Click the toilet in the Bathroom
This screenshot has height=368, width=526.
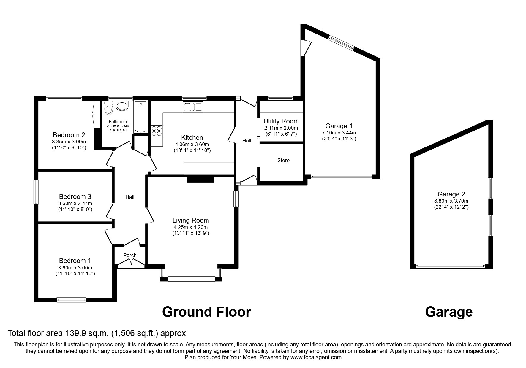(109, 109)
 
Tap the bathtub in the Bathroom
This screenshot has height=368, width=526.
(140, 117)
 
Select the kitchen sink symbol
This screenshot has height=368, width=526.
(193, 107)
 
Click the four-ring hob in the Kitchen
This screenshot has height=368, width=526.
(157, 131)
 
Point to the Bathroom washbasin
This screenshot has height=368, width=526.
(122, 106)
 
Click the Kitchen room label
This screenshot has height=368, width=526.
(192, 138)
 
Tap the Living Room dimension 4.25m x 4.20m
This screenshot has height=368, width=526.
(191, 227)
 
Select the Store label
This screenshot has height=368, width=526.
(283, 161)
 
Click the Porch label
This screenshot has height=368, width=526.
(130, 256)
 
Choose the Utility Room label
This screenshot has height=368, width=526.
(281, 121)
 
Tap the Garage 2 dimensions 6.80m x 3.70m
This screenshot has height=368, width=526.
(451, 201)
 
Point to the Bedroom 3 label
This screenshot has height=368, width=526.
(75, 197)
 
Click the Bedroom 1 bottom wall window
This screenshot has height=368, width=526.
(71, 300)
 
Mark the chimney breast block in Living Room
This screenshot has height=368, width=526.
(200, 179)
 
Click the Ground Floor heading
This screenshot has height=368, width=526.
(206, 312)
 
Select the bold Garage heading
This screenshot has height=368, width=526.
(448, 312)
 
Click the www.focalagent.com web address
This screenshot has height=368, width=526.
(316, 357)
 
